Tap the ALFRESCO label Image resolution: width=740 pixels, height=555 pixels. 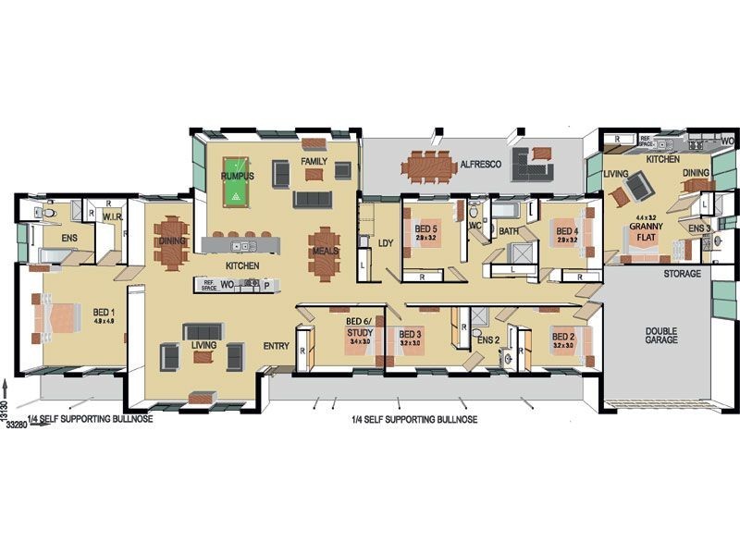pyautogui.click(x=480, y=164)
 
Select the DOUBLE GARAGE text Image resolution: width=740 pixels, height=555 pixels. pyautogui.click(x=662, y=334)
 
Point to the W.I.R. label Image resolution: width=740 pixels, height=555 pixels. pyautogui.click(x=113, y=216)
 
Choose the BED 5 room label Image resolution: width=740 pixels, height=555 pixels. pyautogui.click(x=425, y=231)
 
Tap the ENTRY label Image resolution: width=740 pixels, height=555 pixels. pyautogui.click(x=277, y=347)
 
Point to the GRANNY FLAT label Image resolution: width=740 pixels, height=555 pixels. pyautogui.click(x=645, y=230)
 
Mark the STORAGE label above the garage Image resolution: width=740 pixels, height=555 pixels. pyautogui.click(x=682, y=274)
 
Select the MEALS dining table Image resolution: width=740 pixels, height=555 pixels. pyautogui.click(x=324, y=253)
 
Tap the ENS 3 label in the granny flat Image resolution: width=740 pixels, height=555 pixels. pyautogui.click(x=699, y=228)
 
